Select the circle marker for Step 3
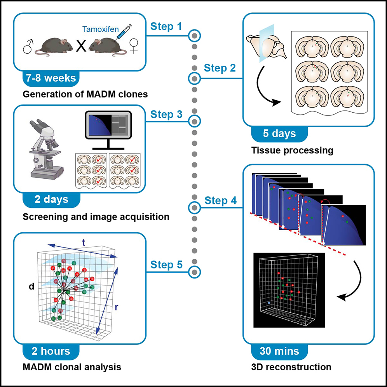click(195, 121)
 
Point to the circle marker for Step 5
click(195, 271)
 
